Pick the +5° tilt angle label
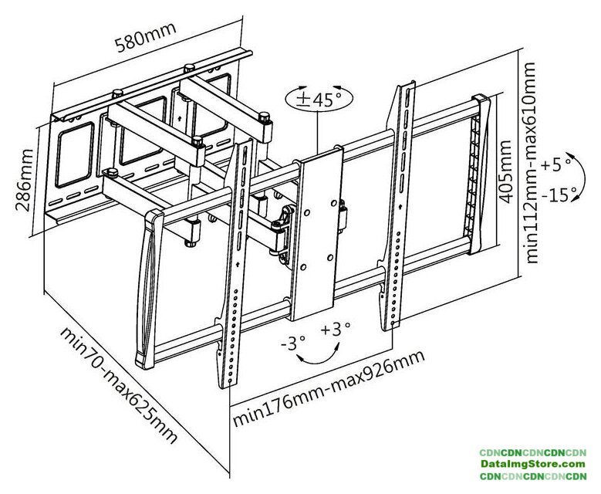pyautogui.click(x=556, y=164)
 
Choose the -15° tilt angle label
pyautogui.click(x=559, y=194)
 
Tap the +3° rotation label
pyautogui.click(x=336, y=330)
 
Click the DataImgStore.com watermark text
pyautogui.click(x=532, y=464)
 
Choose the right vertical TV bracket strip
pyautogui.click(x=398, y=208)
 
